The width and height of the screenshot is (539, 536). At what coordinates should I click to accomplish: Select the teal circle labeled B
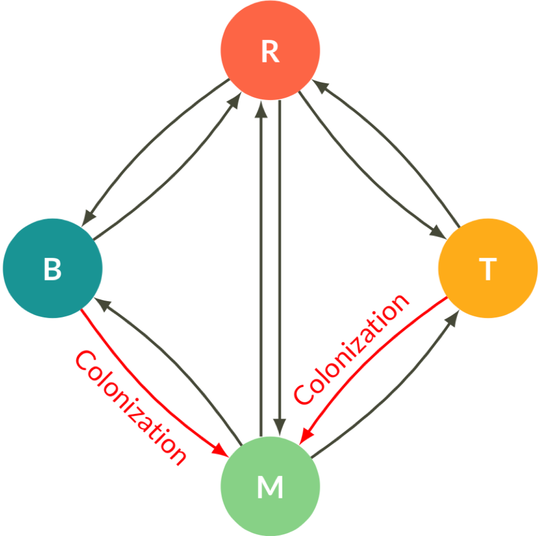tap(53, 269)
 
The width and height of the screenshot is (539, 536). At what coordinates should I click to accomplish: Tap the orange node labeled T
tap(487, 269)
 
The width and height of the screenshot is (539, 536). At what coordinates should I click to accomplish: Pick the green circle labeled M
tap(270, 487)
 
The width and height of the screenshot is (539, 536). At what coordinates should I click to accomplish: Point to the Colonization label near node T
tap(351, 349)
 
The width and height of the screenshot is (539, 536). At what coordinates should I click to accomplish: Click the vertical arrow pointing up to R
tap(261, 270)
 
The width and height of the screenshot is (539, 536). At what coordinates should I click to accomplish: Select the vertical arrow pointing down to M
tap(280, 270)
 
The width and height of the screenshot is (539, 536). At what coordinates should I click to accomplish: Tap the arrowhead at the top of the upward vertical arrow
tap(261, 110)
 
